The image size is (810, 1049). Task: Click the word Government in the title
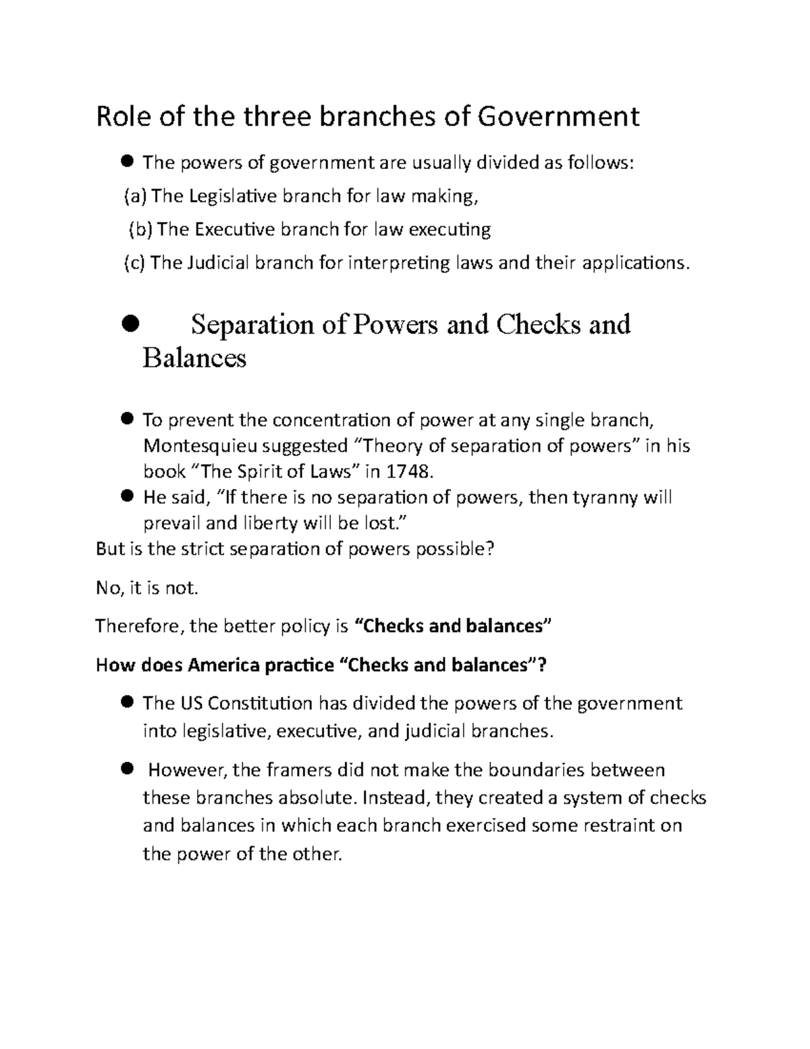558,117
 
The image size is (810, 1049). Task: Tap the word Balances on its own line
194,357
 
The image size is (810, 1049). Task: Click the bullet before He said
126,497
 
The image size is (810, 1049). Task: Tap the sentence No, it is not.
147,588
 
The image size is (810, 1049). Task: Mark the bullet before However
126,769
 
